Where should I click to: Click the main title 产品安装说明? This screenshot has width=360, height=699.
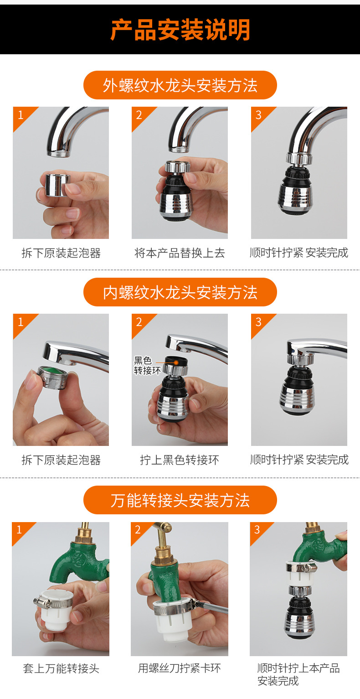point(180,30)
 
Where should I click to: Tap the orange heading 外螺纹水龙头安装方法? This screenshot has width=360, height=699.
point(180,85)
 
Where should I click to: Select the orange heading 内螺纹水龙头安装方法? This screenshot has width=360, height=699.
point(180,292)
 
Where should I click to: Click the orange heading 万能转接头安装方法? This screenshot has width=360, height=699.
point(180,500)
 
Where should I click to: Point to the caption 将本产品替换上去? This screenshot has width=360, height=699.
point(180,253)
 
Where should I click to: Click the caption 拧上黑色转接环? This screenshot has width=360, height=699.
point(180,460)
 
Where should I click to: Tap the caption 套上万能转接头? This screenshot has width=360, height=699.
point(61,669)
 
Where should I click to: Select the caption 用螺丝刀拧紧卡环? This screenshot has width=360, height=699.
point(180,668)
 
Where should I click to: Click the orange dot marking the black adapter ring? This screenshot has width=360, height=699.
point(176,362)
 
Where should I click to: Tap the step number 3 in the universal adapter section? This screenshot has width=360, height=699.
point(257,529)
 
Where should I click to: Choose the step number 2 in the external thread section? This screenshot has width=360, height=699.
point(139,114)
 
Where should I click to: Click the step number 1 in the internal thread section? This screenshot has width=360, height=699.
point(20,322)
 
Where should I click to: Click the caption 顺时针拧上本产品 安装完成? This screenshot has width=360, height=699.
point(298,675)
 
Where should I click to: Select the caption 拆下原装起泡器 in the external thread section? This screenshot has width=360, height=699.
point(61,253)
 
